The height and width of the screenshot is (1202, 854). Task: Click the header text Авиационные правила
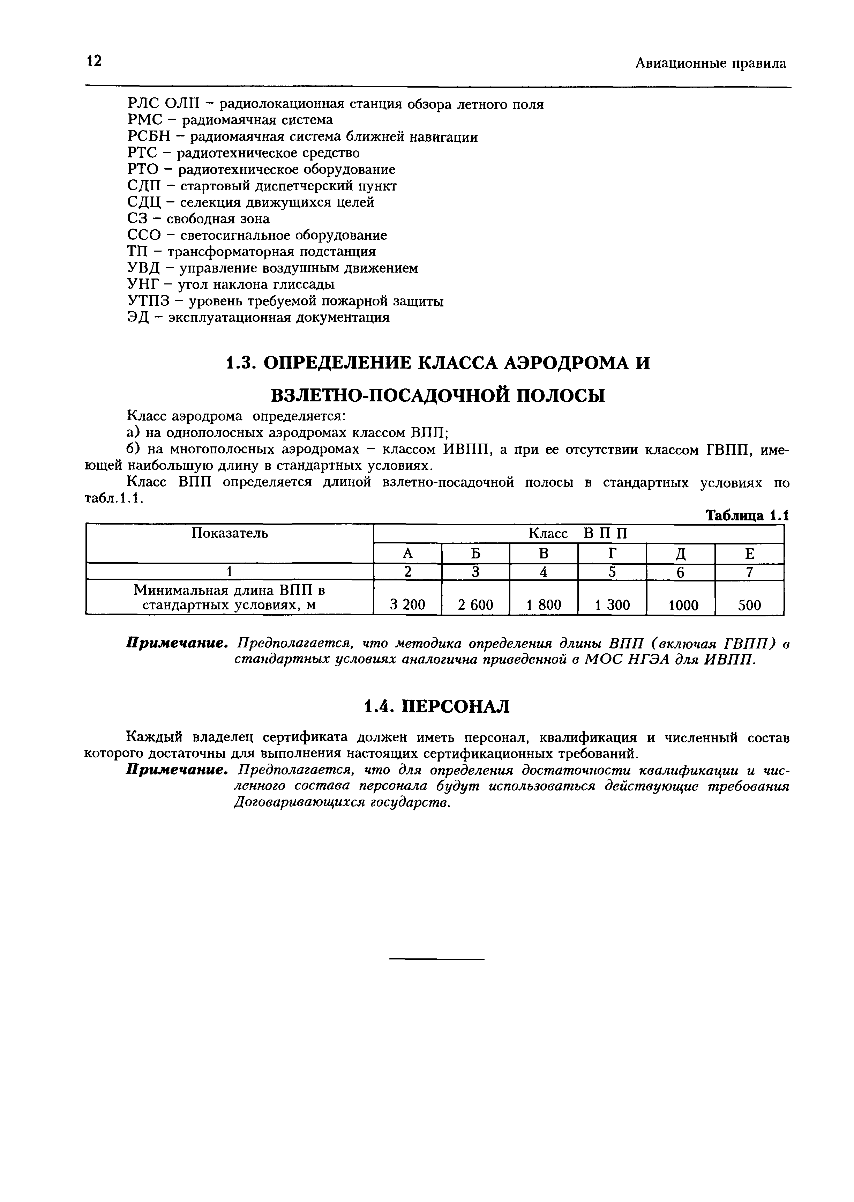click(x=710, y=64)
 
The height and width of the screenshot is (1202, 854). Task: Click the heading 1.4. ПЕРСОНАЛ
click(x=436, y=706)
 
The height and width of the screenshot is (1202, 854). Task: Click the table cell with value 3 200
click(x=407, y=605)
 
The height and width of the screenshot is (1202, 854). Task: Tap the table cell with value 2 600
click(x=475, y=605)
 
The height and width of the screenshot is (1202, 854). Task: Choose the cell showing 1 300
click(x=612, y=605)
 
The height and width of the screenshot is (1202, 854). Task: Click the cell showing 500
click(x=749, y=605)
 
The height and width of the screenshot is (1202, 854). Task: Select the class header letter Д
click(x=681, y=554)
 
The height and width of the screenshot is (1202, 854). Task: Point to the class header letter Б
click(x=475, y=554)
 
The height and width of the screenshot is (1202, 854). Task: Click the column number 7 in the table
click(x=749, y=572)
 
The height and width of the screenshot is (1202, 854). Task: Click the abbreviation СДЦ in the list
click(x=143, y=202)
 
